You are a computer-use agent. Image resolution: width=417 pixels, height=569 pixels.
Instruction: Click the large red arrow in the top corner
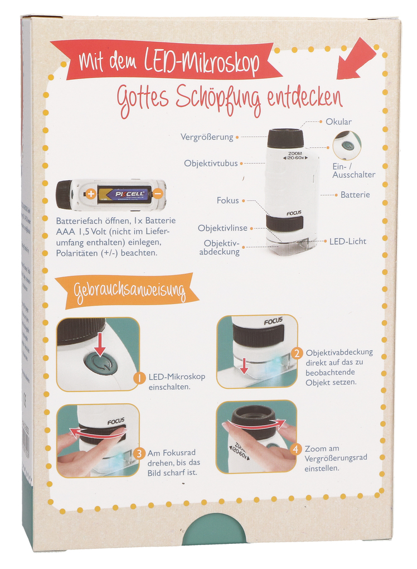pos(357,60)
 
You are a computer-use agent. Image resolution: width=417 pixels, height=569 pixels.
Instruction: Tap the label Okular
pos(338,122)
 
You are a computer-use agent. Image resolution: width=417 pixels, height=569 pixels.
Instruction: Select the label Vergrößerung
pos(206,137)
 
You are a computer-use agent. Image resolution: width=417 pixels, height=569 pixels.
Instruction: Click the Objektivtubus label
pos(211,163)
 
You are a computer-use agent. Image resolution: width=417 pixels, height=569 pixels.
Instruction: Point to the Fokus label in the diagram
pos(227,201)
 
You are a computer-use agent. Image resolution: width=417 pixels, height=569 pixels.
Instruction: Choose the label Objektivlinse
pos(222,228)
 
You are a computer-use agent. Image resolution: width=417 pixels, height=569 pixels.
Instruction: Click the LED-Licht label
pos(348,242)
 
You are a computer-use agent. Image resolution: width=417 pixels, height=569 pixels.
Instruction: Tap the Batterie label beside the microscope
pos(355,195)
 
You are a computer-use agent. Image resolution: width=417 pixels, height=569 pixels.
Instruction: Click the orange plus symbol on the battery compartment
pos(90,194)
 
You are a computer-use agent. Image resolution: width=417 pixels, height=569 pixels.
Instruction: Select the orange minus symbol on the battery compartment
pos(158,194)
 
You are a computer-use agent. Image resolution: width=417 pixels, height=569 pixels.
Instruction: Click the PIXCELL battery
pos(124,194)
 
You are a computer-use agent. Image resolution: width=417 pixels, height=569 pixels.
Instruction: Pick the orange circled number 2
pos(298,353)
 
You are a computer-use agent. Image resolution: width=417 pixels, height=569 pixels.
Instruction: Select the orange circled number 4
pos(296,449)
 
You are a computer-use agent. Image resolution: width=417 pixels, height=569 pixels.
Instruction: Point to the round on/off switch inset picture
pos(347,145)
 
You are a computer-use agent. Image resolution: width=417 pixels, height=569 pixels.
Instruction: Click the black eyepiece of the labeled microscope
pos(285,138)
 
